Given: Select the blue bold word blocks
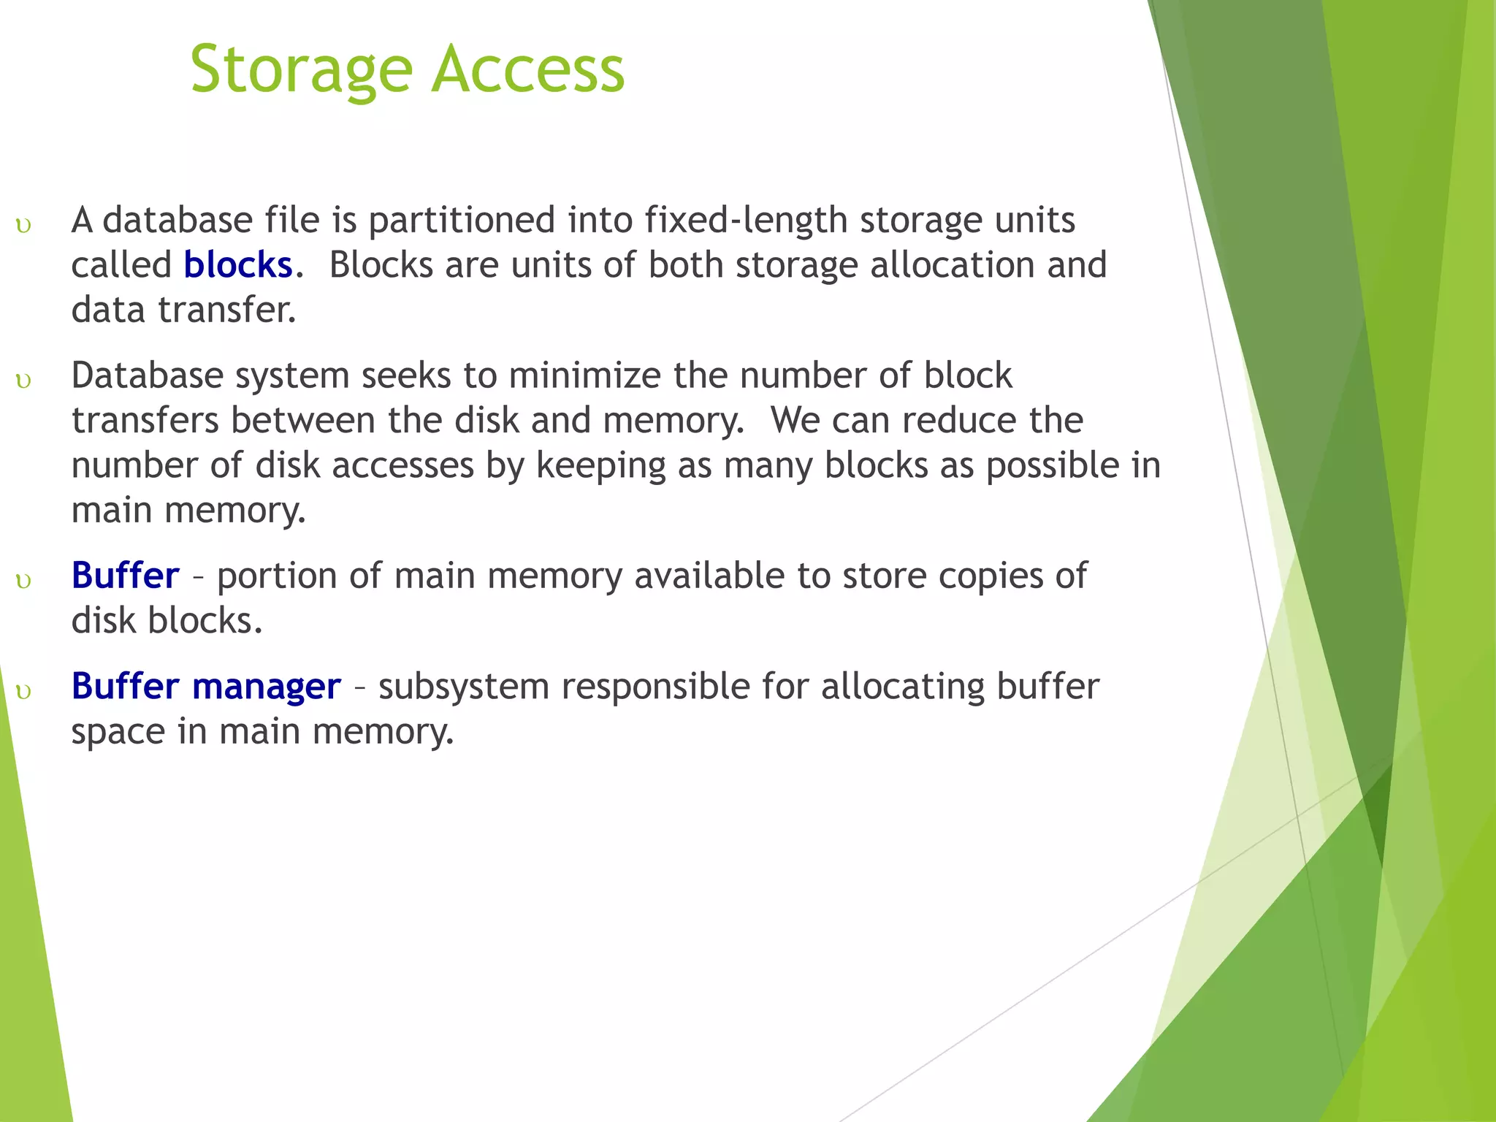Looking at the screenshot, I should (x=237, y=265).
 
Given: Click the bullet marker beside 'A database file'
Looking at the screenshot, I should (x=23, y=225).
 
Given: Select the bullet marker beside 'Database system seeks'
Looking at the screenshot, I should (x=23, y=381).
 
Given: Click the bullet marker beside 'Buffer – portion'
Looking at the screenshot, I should (x=23, y=581).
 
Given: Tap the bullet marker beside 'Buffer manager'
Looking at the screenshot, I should (x=23, y=692).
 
